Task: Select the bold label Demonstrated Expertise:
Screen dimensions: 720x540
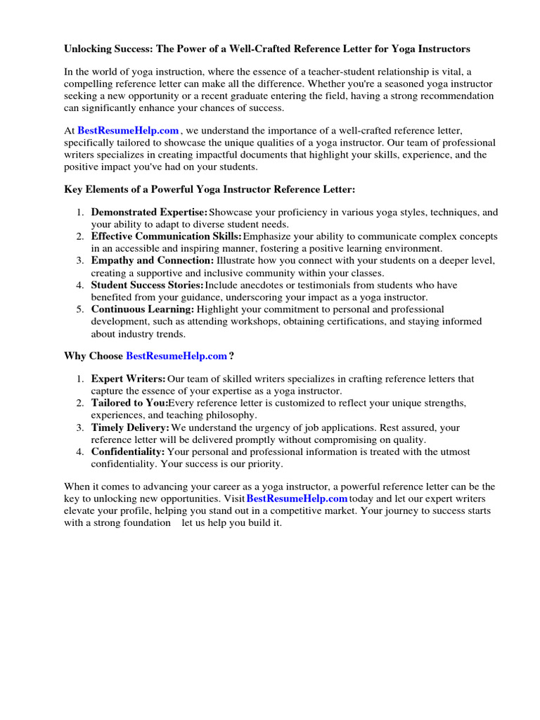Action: coord(149,212)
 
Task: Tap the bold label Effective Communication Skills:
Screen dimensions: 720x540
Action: coord(167,236)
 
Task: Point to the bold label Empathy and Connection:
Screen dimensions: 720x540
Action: coord(152,260)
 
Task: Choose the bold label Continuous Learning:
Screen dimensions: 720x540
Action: coord(142,309)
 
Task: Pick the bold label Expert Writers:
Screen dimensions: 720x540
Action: coord(129,379)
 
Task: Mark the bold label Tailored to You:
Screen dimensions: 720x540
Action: coord(129,403)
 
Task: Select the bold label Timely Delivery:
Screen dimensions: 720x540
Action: coord(130,427)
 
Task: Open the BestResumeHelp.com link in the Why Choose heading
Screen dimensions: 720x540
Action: coord(176,356)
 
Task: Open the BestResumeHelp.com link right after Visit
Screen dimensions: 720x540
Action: coord(297,499)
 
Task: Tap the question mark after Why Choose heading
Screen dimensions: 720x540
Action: coord(231,356)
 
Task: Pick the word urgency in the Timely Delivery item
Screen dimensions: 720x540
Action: coord(278,427)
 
